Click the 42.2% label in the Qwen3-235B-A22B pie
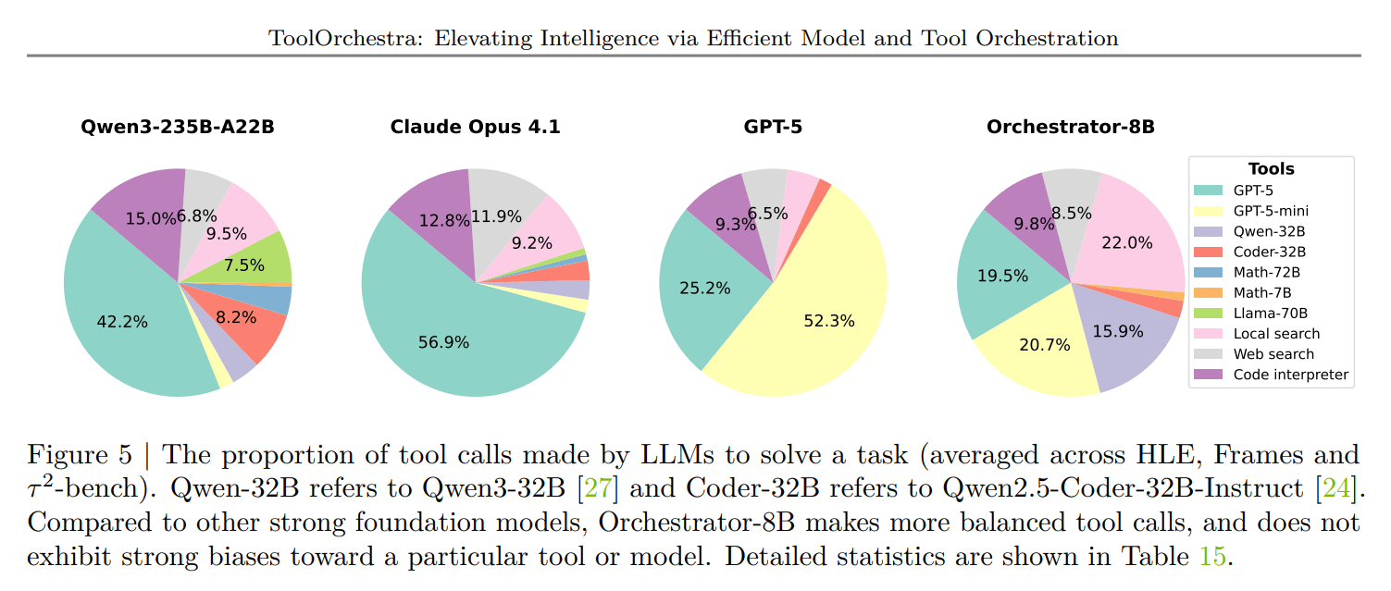point(121,322)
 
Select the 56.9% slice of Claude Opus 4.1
point(445,341)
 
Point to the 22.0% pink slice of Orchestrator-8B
point(1137,241)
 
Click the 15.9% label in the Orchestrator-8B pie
point(1118,330)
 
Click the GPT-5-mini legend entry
point(1271,210)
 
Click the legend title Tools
point(1271,169)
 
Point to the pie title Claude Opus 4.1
point(475,127)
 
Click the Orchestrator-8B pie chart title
point(1071,127)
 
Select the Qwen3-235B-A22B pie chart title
point(178,127)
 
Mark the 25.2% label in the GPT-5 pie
point(705,288)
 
